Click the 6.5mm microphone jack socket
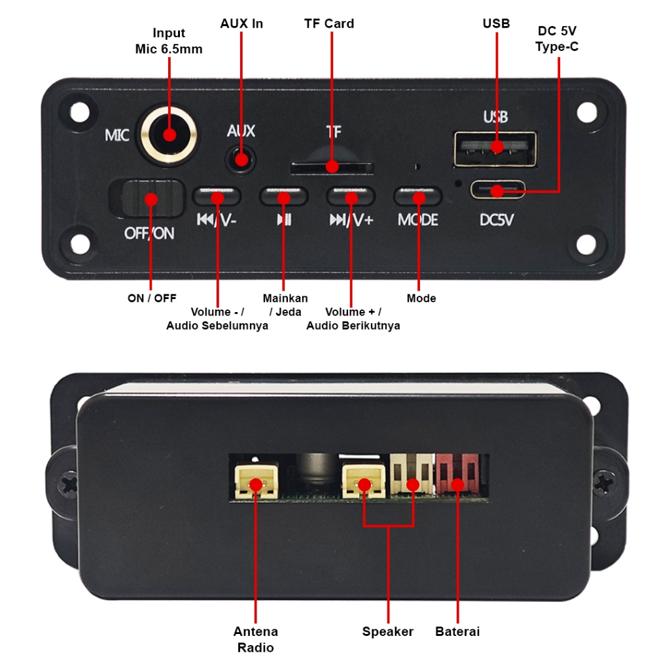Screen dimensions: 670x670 click(x=169, y=135)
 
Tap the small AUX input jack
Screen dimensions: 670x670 click(x=241, y=160)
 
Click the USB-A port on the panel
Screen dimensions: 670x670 click(x=495, y=148)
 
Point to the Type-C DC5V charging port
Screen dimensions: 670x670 click(x=498, y=190)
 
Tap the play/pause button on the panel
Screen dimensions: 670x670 click(x=283, y=196)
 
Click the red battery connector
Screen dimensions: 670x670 click(x=457, y=477)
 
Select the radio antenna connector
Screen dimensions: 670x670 click(x=255, y=482)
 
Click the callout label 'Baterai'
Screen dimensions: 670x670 click(x=457, y=631)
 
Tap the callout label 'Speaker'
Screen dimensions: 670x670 click(x=388, y=631)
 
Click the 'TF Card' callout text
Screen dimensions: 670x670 click(x=329, y=24)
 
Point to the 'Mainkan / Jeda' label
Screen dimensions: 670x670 click(x=285, y=305)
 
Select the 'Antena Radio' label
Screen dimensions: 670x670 click(x=255, y=639)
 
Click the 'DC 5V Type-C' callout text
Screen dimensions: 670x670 click(x=557, y=39)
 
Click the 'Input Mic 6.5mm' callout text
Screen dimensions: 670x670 click(x=169, y=41)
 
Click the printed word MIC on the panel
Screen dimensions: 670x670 click(x=118, y=135)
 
